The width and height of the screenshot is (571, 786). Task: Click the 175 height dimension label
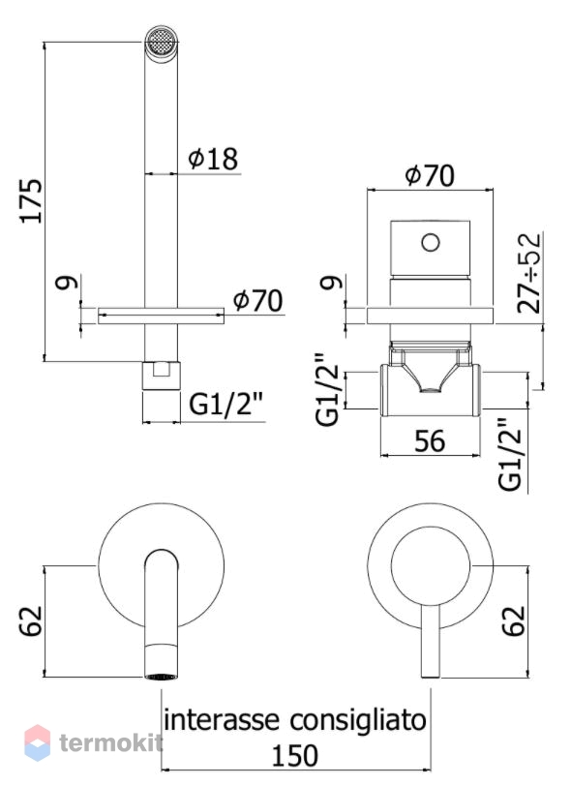coord(31,200)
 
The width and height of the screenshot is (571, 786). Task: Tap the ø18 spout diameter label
coord(213,159)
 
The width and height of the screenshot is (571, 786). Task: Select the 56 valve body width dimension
coord(430,441)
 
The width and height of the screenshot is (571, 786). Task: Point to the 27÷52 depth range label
coord(529,273)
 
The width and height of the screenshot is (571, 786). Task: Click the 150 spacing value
coord(295,755)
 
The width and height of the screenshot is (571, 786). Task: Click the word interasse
coord(222,720)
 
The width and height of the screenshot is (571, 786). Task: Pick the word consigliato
coord(358,720)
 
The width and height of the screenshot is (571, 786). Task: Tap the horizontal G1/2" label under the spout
coord(226,405)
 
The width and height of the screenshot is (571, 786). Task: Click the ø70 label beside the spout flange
coord(257,301)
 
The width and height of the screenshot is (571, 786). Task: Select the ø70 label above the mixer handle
coord(430,175)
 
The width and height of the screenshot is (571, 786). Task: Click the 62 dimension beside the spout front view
coord(31,621)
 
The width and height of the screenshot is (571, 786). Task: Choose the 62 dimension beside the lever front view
coord(514,621)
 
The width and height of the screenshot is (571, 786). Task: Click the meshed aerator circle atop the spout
coord(162,40)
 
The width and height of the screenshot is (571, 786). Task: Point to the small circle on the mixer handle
coord(431,243)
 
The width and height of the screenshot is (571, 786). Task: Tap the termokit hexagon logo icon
coord(37,741)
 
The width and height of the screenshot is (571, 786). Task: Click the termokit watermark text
coord(111,742)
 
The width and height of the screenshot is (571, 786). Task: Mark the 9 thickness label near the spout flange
coord(67,283)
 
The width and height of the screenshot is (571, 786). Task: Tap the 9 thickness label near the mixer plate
coord(332,283)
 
